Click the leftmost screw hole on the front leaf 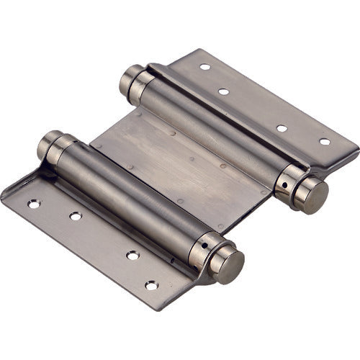click(34, 204)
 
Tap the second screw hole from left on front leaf click(75, 216)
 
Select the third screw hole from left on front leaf click(132, 255)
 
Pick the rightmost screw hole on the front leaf click(151, 286)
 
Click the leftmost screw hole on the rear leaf click(205, 67)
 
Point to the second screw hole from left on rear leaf click(223, 91)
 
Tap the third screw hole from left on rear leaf click(282, 128)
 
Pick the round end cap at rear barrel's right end click(312, 194)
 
